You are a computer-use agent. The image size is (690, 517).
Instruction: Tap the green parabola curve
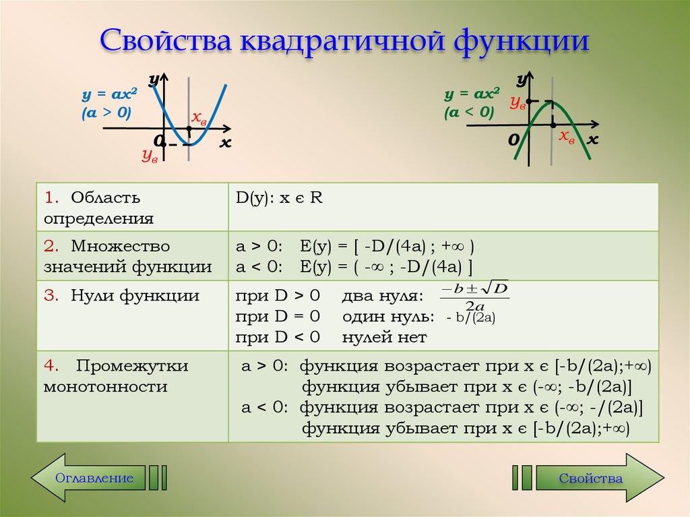pos(577,135)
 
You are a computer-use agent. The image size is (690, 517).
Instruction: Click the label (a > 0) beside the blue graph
pos(106,112)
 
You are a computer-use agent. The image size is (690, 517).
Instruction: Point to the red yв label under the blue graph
pos(149,156)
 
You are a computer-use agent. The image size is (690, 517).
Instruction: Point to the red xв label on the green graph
pos(567,137)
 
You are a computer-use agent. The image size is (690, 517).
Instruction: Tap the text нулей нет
pos(384,336)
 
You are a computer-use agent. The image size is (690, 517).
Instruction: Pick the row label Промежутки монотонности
pos(116,376)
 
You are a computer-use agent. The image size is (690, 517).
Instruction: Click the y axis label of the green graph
pos(521,80)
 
